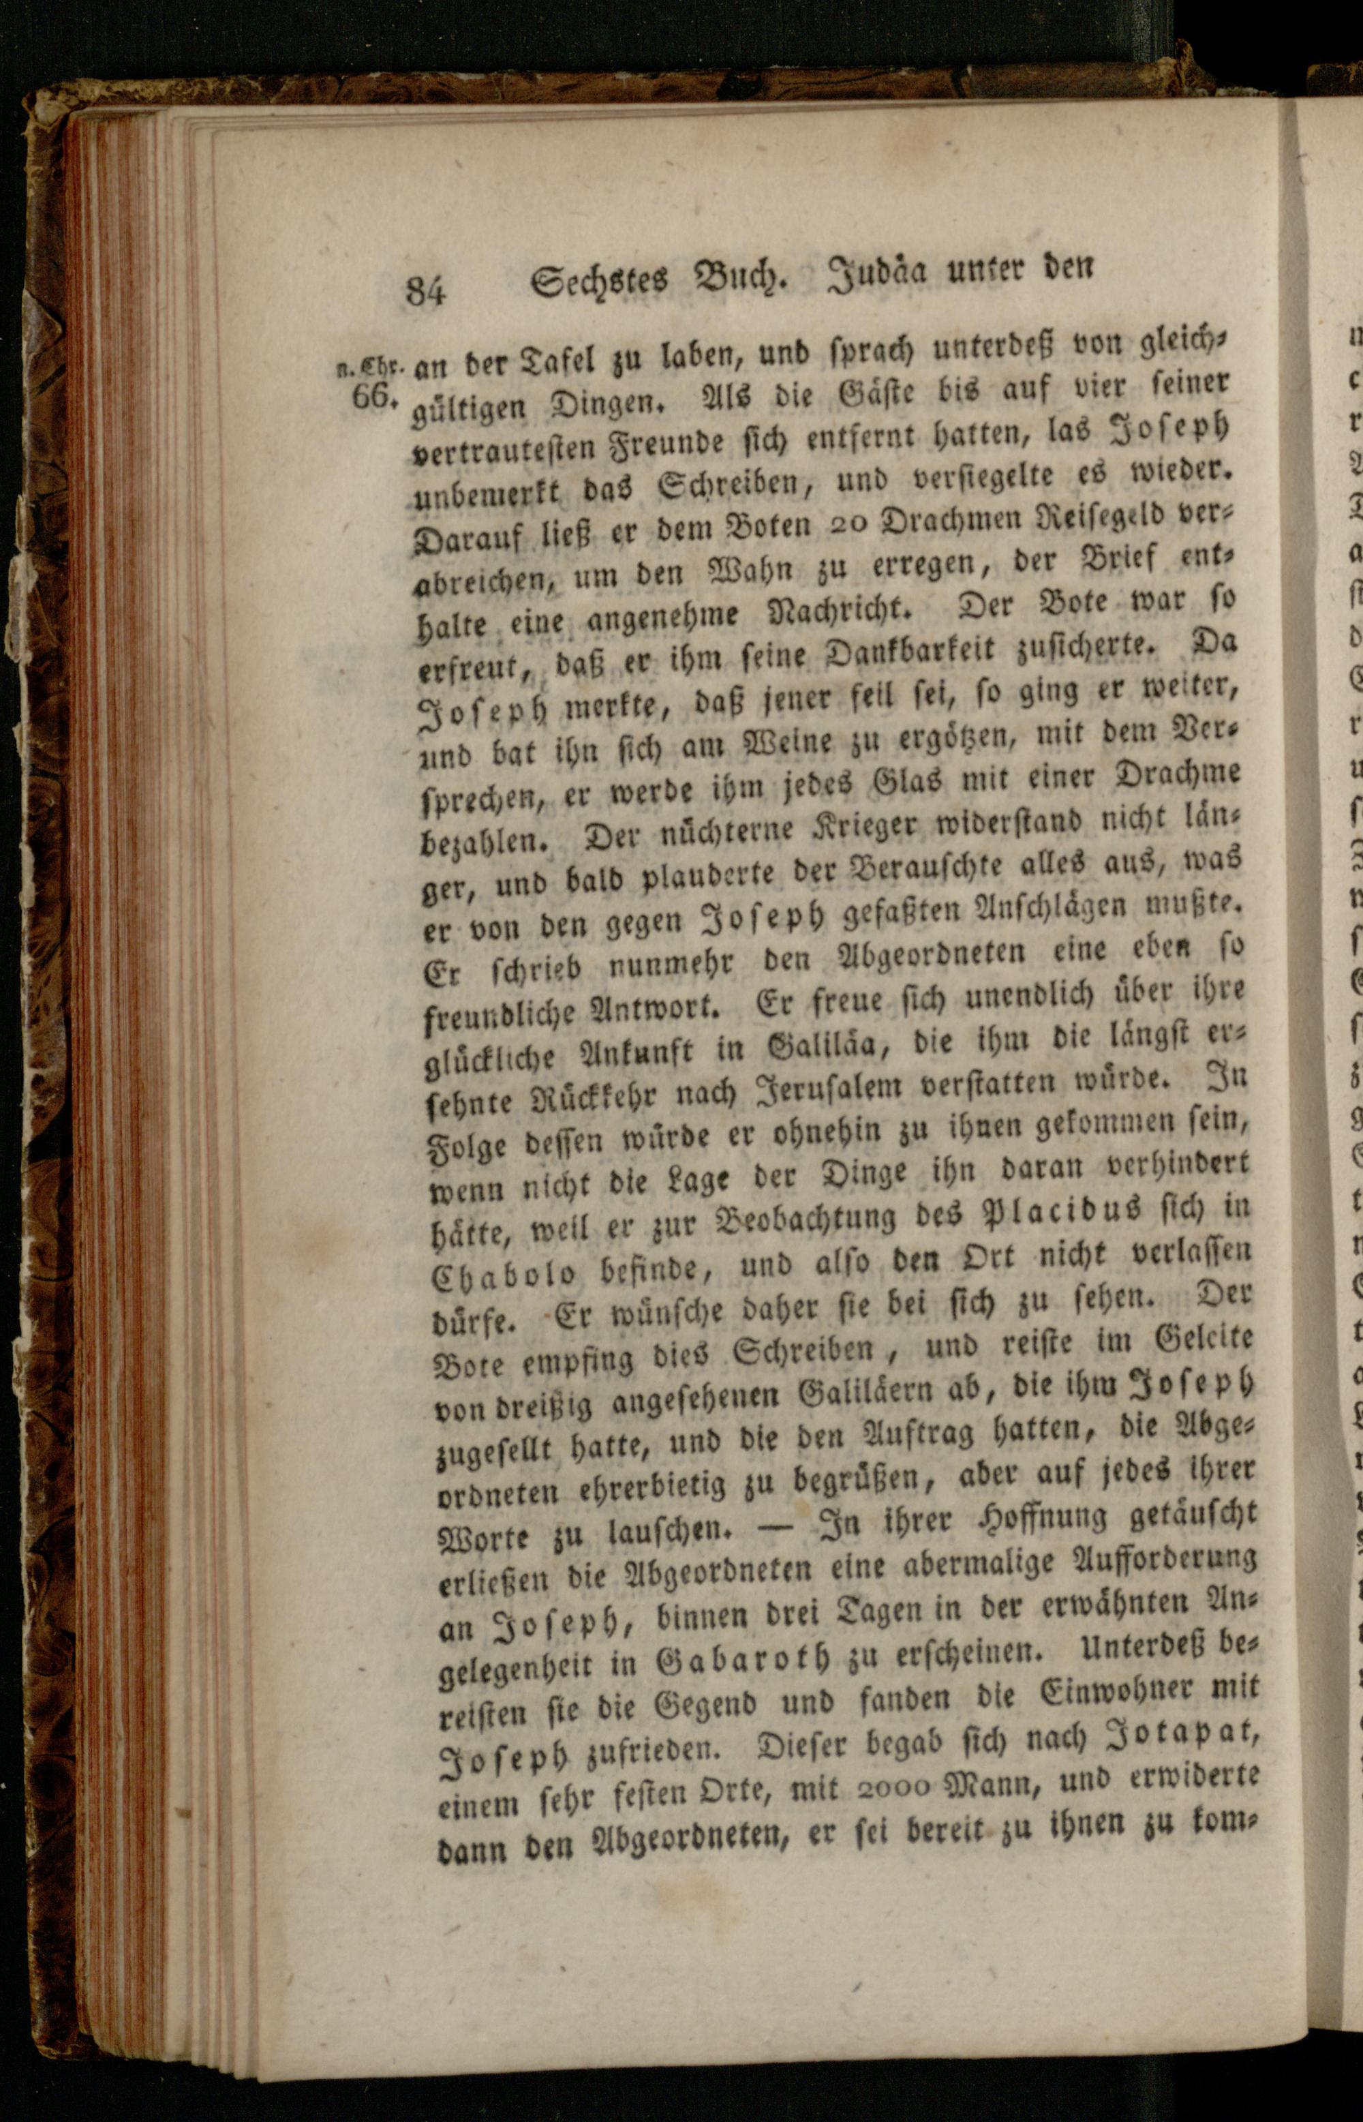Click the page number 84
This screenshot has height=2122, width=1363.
coord(425,290)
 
